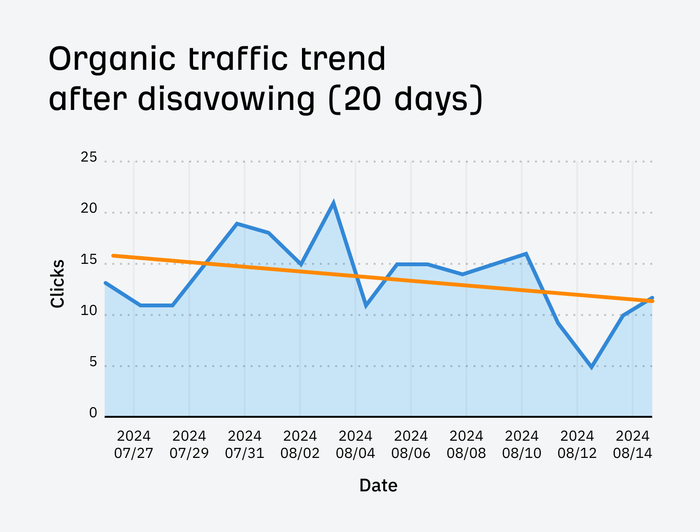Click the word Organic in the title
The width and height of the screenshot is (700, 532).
tap(113, 60)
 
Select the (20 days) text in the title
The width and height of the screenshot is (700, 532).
tap(406, 99)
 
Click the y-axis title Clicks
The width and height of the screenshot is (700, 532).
tap(57, 284)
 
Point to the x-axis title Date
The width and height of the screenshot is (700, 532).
tap(378, 486)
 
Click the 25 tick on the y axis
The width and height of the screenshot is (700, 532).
tap(89, 157)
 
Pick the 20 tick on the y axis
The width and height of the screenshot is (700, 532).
tap(89, 209)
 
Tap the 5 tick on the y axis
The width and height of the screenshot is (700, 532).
tap(93, 362)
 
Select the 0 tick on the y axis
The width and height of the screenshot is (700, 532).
tap(93, 413)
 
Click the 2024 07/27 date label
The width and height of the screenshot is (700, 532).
tap(134, 445)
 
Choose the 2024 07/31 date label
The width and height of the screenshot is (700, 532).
tap(245, 445)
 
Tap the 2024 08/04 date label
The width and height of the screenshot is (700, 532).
tap(355, 445)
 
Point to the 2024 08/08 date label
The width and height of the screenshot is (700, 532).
tap(466, 445)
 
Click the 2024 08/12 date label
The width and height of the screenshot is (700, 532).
tap(577, 445)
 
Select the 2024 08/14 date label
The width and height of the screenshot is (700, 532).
tap(633, 445)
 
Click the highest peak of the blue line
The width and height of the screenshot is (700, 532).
tap(334, 203)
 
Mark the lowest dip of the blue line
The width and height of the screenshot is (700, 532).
tap(592, 367)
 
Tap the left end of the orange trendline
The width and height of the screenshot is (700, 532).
tap(113, 256)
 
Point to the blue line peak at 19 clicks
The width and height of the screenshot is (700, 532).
tap(237, 224)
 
